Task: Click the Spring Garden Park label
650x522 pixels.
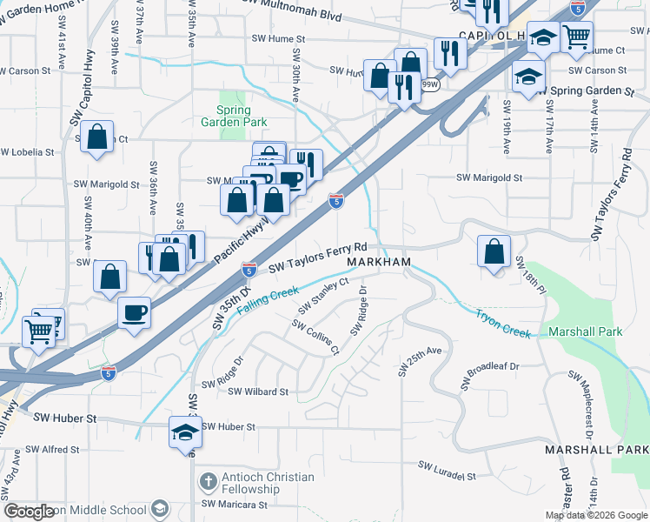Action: [233, 117]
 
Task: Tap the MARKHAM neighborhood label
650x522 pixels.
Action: [379, 262]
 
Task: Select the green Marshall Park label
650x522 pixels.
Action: [586, 331]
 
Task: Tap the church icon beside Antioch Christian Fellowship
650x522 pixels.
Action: [207, 481]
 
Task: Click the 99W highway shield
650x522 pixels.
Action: [429, 84]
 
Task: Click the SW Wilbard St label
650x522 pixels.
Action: [257, 391]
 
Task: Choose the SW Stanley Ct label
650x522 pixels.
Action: [323, 296]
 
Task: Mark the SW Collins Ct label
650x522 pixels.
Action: [315, 338]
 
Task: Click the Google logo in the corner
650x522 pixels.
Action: [28, 512]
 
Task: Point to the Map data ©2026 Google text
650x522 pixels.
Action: [595, 515]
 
